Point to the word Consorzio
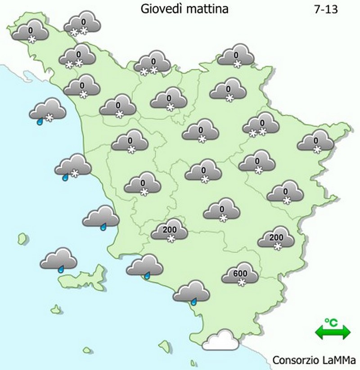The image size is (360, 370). (294, 361)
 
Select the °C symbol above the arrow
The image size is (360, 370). (332, 323)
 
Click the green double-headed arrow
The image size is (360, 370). (333, 333)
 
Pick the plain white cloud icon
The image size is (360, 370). (220, 340)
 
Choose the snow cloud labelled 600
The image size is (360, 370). (240, 273)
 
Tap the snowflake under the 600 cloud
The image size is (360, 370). (241, 283)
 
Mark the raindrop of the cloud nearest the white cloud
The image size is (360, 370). (194, 302)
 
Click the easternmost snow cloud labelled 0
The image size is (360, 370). (315, 140)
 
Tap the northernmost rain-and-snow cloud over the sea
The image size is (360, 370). (47, 110)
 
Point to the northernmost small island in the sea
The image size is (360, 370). (22, 237)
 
